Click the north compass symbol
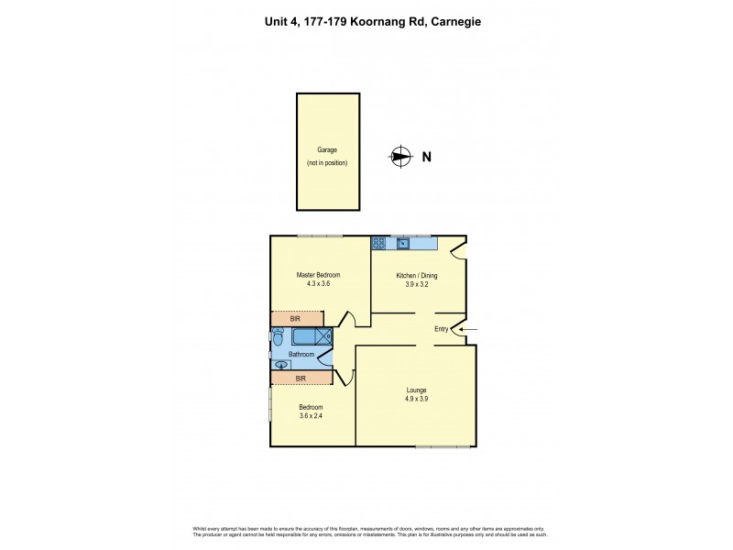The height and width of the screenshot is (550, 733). point(399,157)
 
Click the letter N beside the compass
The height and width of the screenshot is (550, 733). point(426,157)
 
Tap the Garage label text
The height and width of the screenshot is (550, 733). point(326,149)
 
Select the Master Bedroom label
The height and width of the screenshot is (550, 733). point(318,275)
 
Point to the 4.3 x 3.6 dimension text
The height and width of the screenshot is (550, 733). point(318,284)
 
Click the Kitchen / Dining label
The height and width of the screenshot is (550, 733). point(417,275)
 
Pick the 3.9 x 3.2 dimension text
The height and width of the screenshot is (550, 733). point(417,284)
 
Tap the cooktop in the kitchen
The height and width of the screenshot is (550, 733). point(378,243)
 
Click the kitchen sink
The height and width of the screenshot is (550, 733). point(413,243)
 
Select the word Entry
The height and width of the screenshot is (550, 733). point(442,330)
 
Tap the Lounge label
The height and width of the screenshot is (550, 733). point(417,390)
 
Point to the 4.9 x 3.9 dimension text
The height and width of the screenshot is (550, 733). point(417,399)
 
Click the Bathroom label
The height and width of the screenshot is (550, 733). point(301,354)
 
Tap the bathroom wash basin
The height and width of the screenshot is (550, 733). point(281,365)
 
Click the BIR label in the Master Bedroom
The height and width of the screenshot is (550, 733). point(295,319)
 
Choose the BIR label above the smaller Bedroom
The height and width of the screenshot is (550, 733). point(301,378)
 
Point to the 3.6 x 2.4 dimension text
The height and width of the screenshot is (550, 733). point(311,417)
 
